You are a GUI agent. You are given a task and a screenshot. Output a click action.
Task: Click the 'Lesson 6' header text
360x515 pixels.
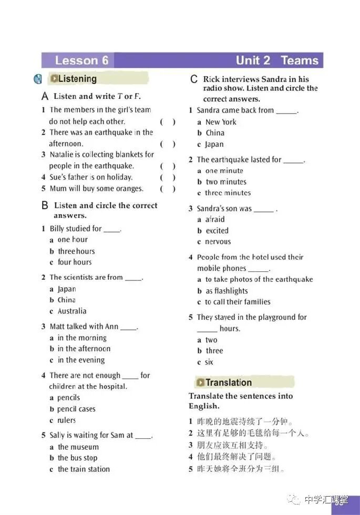coord(81,60)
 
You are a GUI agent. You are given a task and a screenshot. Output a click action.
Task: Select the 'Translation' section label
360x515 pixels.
coord(228,382)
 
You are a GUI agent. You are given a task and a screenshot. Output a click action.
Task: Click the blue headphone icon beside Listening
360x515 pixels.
coord(38,79)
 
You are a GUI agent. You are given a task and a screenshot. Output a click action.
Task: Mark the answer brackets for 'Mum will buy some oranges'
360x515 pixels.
coord(168,189)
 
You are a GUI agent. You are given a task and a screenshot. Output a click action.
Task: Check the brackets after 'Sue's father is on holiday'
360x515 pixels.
coord(168,177)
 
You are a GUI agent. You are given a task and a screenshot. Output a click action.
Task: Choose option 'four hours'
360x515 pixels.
coord(74,262)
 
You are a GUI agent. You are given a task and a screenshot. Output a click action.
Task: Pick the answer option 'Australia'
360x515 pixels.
coord(72,311)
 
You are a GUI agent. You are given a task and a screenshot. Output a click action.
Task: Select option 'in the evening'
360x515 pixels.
coord(81,360)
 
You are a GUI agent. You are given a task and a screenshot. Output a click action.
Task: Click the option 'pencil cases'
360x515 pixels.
coord(76,409)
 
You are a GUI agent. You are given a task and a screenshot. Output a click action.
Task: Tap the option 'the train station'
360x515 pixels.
coord(84,469)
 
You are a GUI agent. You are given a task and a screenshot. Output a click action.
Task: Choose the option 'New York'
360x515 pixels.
coord(221,122)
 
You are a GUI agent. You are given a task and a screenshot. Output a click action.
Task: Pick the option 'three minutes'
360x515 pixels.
coord(228,193)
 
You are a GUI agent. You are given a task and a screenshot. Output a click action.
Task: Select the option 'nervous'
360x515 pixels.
coord(218,241)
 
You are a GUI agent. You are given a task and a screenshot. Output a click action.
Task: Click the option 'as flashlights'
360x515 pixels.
coord(227,290)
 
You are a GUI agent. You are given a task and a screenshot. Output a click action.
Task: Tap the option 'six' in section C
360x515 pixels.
coord(209,362)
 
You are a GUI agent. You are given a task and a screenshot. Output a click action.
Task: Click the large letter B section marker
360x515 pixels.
coord(45,206)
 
